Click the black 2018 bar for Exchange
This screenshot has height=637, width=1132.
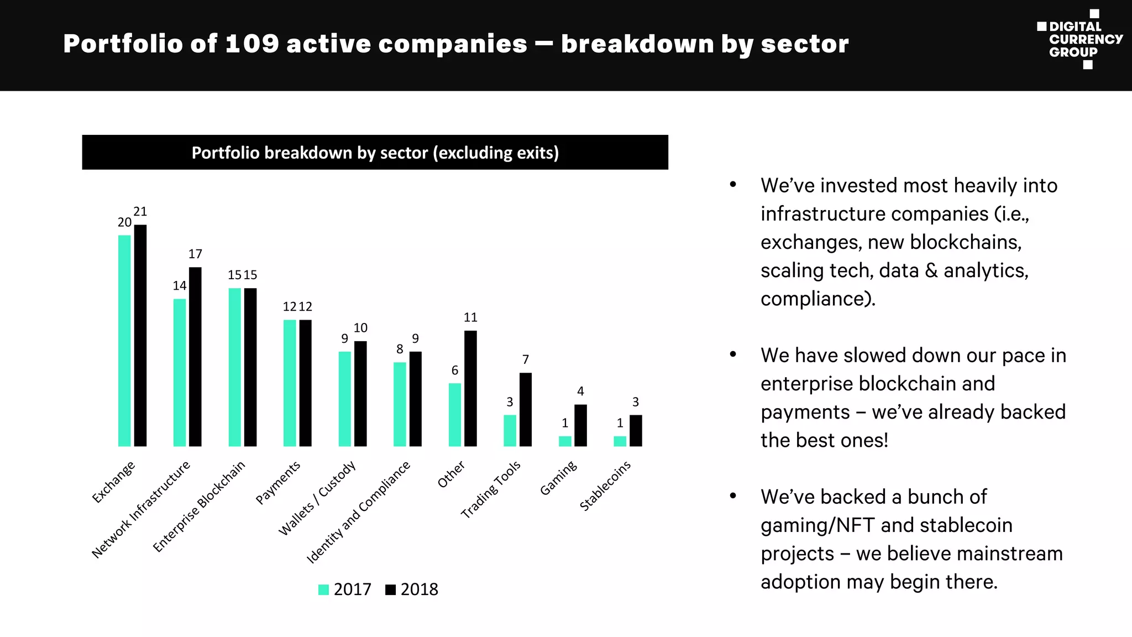[x=140, y=335]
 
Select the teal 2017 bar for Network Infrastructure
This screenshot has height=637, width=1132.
[x=180, y=372]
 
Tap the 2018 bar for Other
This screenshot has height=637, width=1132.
[x=470, y=388]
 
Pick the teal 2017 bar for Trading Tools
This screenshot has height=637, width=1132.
[x=510, y=430]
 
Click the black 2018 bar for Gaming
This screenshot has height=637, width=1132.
[x=580, y=425]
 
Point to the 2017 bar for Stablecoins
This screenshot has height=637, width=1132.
[x=620, y=441]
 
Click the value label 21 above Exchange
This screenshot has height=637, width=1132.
[x=140, y=212]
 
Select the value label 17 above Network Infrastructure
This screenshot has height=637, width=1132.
[x=195, y=254]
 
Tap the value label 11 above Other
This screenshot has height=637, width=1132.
[x=470, y=317]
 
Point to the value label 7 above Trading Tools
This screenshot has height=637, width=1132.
[x=526, y=360]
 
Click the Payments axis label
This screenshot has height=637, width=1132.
[x=278, y=482]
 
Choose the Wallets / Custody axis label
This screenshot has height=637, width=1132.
[x=317, y=498]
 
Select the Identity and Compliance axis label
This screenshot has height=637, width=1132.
[x=359, y=512]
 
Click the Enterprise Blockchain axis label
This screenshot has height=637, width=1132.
[x=199, y=506]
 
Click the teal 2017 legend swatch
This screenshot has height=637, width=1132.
[x=324, y=590]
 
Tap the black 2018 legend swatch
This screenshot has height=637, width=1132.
[x=391, y=590]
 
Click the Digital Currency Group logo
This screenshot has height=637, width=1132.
[x=1080, y=39]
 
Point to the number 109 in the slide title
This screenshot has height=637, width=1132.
[x=252, y=44]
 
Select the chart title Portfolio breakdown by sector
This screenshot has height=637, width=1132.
[x=375, y=153]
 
